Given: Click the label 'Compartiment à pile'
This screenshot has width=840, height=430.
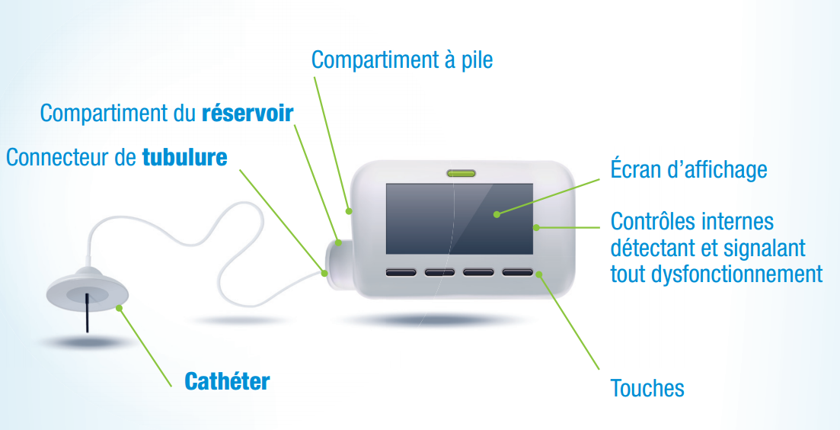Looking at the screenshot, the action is click(402, 60).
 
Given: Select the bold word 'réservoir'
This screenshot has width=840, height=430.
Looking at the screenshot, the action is click(248, 114).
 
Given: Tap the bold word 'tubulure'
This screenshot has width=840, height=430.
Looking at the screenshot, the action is click(185, 158).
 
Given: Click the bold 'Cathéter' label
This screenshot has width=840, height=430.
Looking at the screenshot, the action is click(227, 382).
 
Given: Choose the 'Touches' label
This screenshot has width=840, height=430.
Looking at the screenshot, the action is click(647, 388).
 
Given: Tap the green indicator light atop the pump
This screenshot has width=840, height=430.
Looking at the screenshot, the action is click(462, 172).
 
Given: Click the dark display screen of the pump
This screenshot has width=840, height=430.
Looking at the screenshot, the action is click(459, 219).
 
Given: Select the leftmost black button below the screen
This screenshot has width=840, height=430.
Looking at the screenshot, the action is click(401, 272).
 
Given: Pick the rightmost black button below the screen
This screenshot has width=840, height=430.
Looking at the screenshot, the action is click(518, 272).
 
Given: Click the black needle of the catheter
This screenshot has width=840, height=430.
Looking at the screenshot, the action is click(86, 313).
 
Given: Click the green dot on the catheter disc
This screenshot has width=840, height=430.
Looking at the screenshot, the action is click(118, 307).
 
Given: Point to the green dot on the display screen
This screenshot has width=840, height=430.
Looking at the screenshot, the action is click(497, 214).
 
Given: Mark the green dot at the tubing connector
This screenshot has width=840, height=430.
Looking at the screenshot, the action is click(324, 274).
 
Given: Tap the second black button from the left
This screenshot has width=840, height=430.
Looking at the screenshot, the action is click(440, 272).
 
